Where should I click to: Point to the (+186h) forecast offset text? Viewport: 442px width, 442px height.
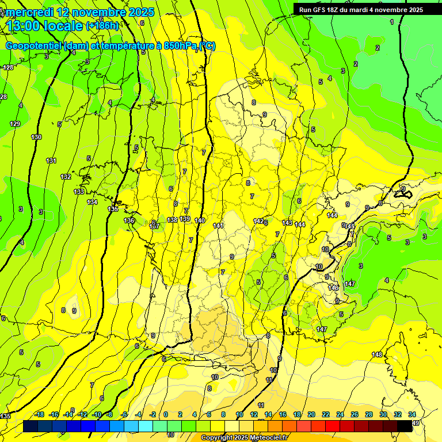click(x=102, y=25)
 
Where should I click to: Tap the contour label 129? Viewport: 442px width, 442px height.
click(x=15, y=124)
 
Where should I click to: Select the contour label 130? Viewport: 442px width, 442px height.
click(x=36, y=137)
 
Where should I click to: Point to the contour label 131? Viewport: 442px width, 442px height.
click(x=51, y=161)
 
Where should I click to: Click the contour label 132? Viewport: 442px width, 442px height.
click(x=66, y=177)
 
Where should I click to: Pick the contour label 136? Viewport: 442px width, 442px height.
click(x=129, y=220)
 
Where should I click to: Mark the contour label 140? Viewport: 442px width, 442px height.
click(x=200, y=220)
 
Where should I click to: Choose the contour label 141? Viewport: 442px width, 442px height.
click(x=218, y=226)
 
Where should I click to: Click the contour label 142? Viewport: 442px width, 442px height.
click(x=258, y=221)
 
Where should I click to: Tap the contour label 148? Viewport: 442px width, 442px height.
click(x=377, y=354)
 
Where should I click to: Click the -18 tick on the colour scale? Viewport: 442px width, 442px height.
click(x=40, y=414)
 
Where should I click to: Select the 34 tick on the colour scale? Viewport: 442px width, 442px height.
click(x=412, y=414)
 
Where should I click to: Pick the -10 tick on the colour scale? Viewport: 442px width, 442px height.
click(x=97, y=414)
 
